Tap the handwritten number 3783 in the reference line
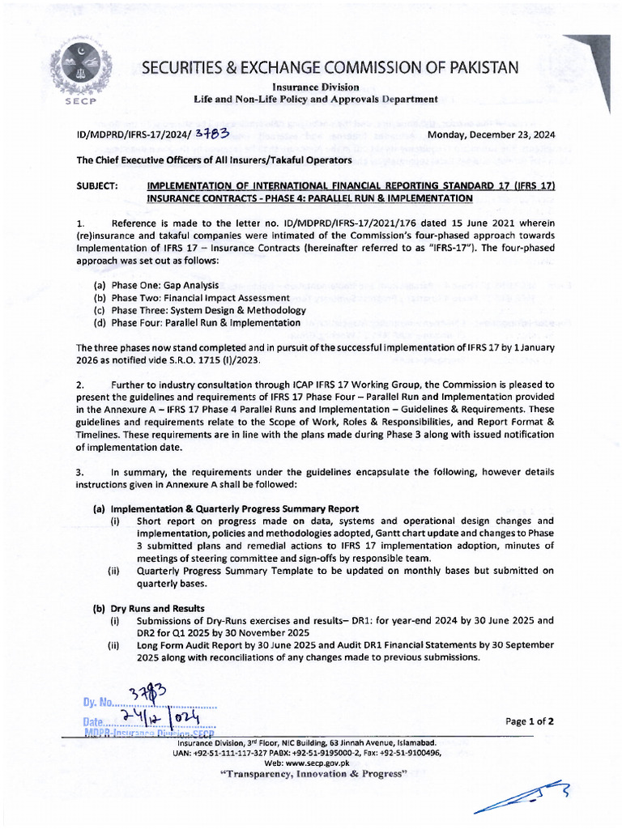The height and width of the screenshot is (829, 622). pyautogui.click(x=213, y=134)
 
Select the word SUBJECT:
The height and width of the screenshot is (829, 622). pyautogui.click(x=99, y=185)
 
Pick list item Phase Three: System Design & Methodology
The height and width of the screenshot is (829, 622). pyautogui.click(x=200, y=309)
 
